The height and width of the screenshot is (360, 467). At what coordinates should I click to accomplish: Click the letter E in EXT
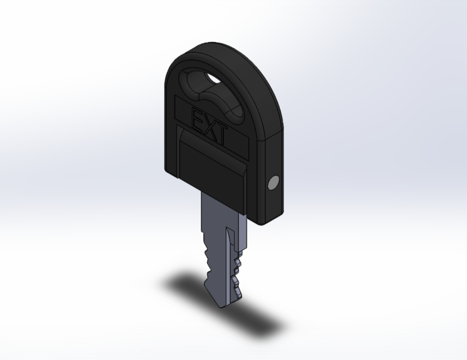click(197, 120)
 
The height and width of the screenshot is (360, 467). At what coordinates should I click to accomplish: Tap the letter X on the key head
click(209, 128)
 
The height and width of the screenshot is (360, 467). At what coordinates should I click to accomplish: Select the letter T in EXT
click(221, 136)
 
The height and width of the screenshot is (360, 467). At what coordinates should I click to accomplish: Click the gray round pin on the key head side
click(273, 183)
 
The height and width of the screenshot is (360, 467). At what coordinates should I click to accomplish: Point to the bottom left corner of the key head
click(169, 168)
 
